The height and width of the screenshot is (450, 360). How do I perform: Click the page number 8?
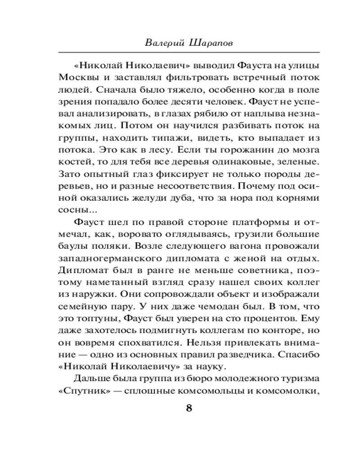[189, 408]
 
